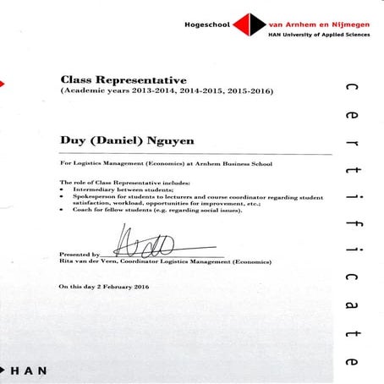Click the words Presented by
(x=80, y=254)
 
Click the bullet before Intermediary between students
(x=63, y=191)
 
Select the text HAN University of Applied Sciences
(x=318, y=36)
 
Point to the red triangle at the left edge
(x=3, y=83)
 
